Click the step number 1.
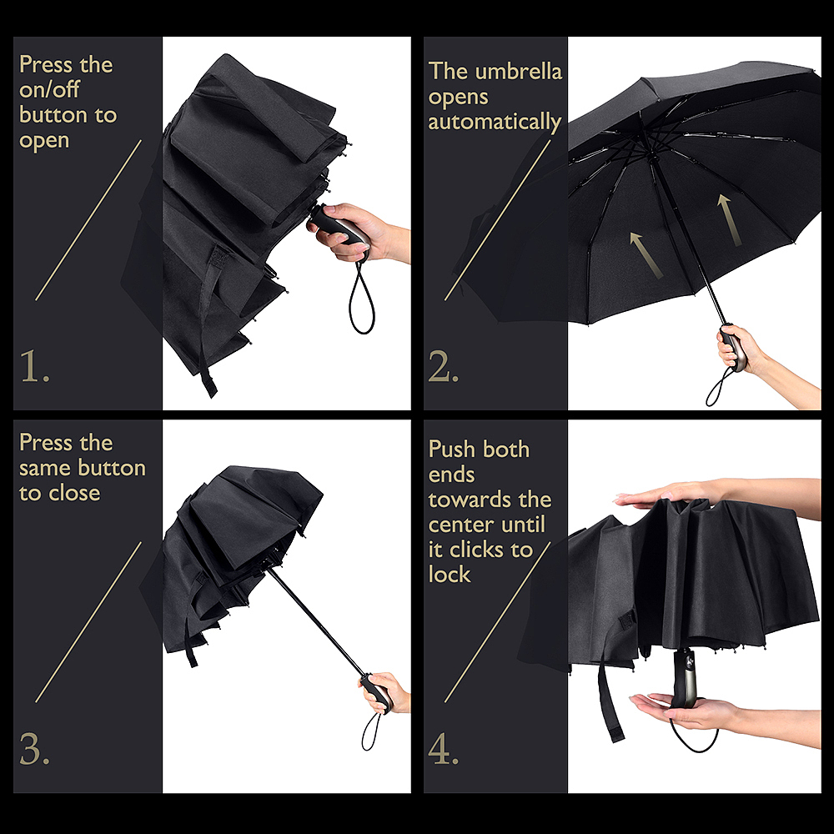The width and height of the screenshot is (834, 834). (x=34, y=366)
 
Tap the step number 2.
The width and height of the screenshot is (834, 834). (x=443, y=366)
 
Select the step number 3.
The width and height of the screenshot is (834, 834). (x=34, y=749)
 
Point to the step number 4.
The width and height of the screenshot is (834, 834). (x=443, y=749)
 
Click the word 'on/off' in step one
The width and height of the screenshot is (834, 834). (x=49, y=89)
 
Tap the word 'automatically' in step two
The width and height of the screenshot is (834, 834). (x=495, y=123)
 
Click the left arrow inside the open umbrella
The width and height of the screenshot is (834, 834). (x=646, y=255)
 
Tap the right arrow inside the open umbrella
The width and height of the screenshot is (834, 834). (x=729, y=219)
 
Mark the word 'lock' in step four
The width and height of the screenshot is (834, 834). (x=450, y=575)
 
